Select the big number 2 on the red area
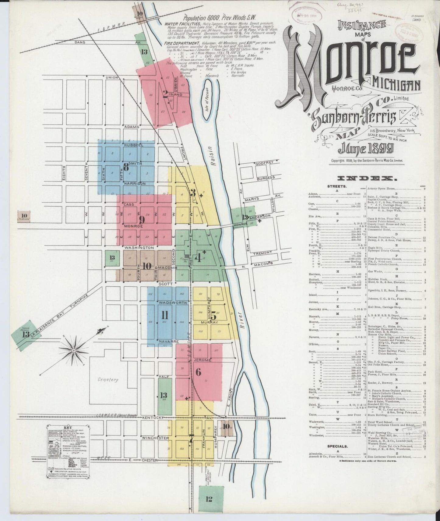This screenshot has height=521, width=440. tap(165, 94)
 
